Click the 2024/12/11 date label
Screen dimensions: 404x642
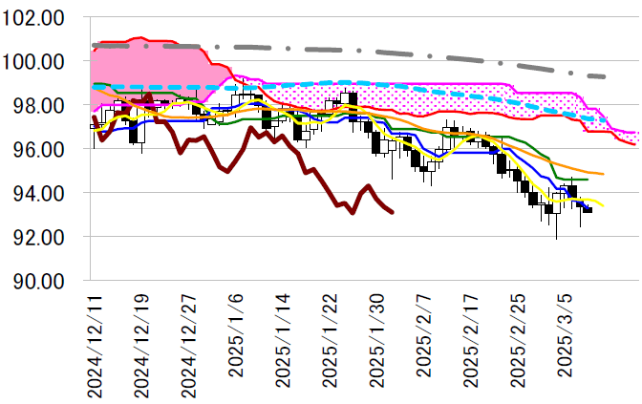coord(96,340)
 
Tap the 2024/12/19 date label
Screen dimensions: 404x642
coord(142,340)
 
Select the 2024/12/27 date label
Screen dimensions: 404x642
coord(189,340)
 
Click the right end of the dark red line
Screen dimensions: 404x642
coord(393,212)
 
